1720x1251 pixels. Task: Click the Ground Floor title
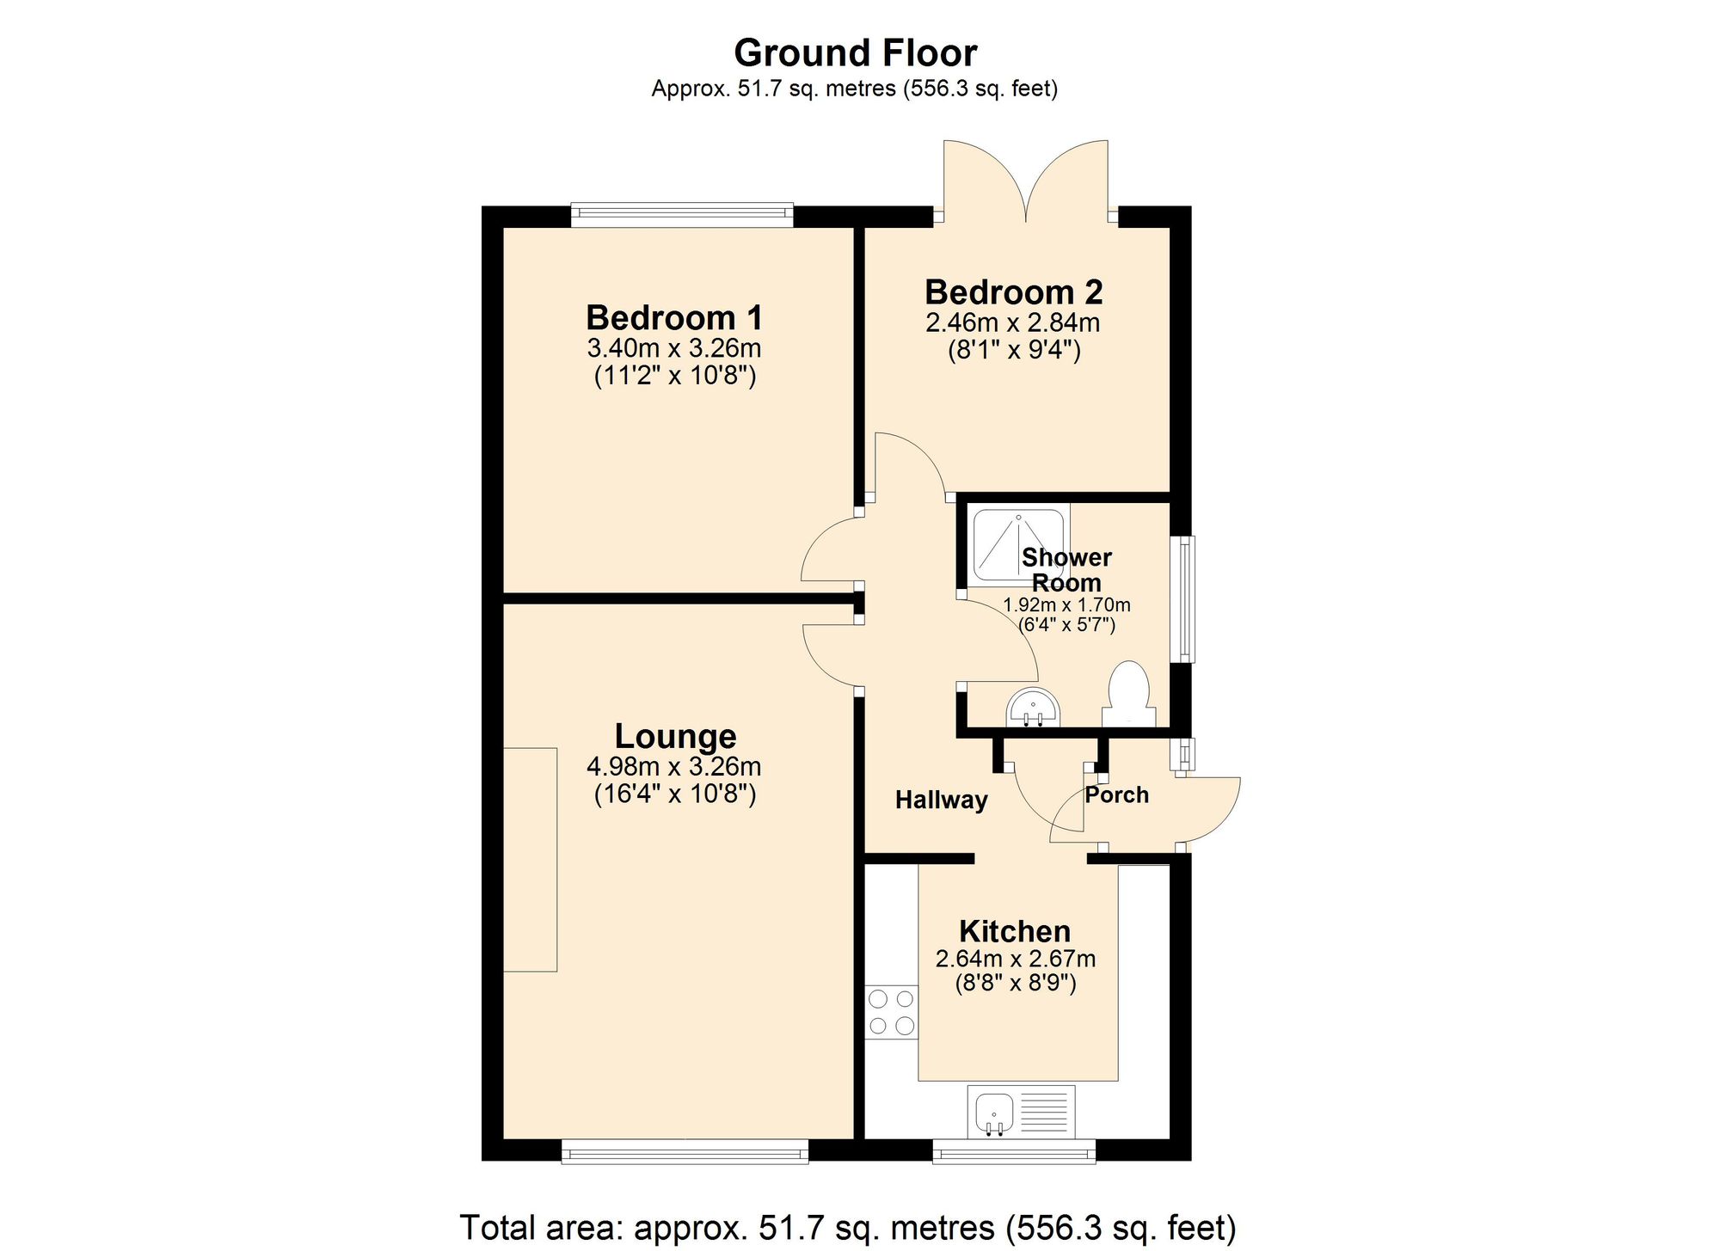point(855,53)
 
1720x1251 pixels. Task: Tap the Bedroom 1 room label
point(674,318)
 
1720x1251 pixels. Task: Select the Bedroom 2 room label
point(1013,292)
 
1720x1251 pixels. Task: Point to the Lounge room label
point(675,736)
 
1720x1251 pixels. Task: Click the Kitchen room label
point(1015,931)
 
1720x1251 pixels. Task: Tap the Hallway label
point(941,800)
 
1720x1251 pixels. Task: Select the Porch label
point(1116,795)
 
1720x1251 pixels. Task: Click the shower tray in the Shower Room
point(1017,544)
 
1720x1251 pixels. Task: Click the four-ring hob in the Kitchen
point(892,1013)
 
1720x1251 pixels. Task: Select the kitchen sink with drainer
point(1022,1110)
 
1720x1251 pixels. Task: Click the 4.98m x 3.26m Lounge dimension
point(674,766)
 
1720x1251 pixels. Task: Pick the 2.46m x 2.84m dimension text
point(1013,323)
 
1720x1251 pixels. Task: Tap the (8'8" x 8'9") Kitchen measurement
point(1016,983)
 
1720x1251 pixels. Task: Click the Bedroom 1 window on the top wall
point(682,214)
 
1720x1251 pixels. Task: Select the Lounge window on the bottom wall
point(685,1150)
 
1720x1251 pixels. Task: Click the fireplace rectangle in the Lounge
point(530,860)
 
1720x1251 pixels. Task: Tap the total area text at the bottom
point(848,1227)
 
